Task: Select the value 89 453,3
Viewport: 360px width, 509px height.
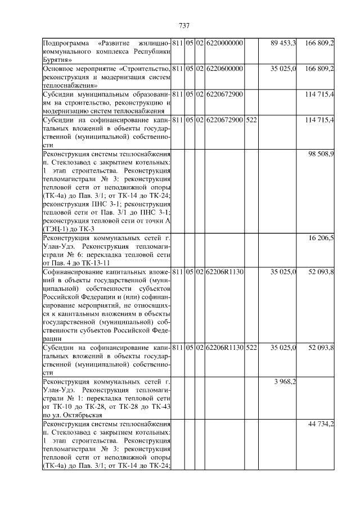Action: (x=283, y=43)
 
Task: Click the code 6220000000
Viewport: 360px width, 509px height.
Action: (x=224, y=43)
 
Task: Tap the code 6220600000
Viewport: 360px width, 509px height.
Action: (x=224, y=69)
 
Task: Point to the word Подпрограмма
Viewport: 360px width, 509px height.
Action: (x=65, y=43)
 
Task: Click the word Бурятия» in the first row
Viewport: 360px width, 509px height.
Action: (x=57, y=58)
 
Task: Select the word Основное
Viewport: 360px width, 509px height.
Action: (x=59, y=69)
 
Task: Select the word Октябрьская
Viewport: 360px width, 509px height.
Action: (x=82, y=415)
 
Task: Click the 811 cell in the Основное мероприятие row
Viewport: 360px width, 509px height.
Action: (x=177, y=69)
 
